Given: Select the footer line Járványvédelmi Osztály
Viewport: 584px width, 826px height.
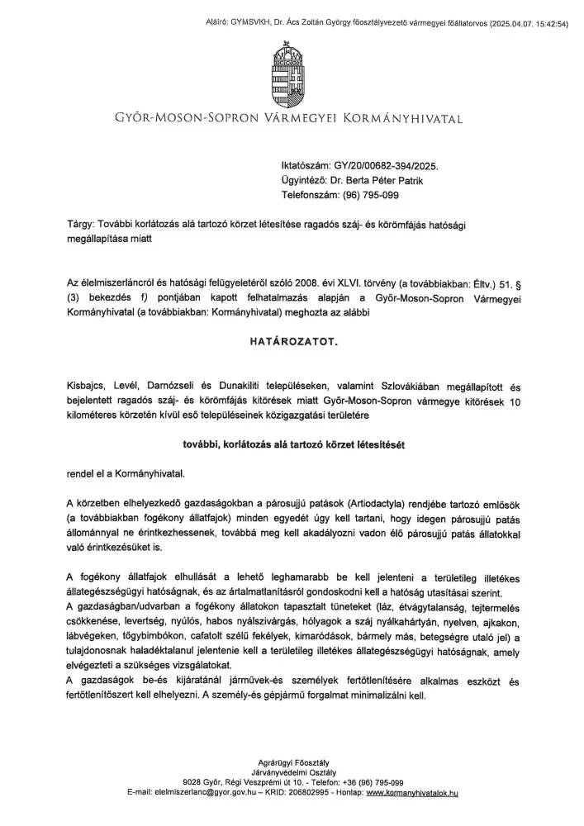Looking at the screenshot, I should (x=292, y=771).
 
